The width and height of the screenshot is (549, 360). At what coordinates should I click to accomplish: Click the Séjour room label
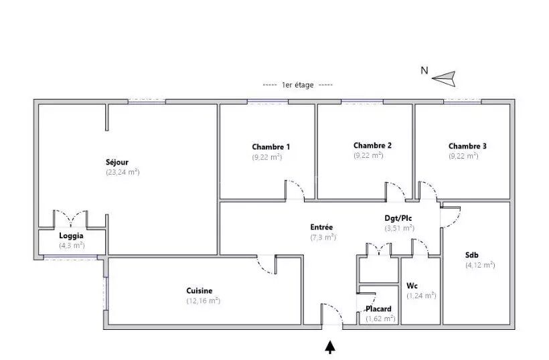click(117, 163)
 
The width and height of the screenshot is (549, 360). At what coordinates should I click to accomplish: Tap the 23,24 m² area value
click(123, 172)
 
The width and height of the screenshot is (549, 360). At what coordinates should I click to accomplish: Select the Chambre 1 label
click(270, 147)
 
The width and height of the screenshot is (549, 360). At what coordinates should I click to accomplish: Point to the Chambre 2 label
click(372, 145)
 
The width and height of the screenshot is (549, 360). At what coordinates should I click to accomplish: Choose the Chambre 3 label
click(467, 146)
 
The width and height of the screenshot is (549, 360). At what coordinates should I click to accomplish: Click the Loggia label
click(71, 236)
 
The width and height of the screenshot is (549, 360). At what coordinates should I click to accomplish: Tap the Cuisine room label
click(200, 290)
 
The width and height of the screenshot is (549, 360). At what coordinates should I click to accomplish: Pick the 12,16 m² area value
click(203, 300)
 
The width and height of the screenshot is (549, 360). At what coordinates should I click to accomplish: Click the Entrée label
click(321, 227)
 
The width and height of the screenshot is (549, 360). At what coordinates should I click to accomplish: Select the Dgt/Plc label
click(398, 218)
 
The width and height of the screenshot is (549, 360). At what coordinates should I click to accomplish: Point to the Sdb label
click(471, 255)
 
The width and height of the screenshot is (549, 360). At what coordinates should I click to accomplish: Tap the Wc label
click(412, 286)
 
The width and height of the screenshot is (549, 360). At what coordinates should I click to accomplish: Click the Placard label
click(378, 309)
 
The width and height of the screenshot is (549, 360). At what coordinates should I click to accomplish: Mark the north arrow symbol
click(444, 78)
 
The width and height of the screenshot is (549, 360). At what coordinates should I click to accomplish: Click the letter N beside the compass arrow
click(424, 70)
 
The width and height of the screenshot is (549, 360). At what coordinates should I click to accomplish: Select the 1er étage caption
click(298, 85)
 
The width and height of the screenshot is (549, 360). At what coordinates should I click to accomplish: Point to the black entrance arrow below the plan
click(330, 347)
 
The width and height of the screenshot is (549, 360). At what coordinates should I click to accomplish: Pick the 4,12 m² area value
click(480, 265)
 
